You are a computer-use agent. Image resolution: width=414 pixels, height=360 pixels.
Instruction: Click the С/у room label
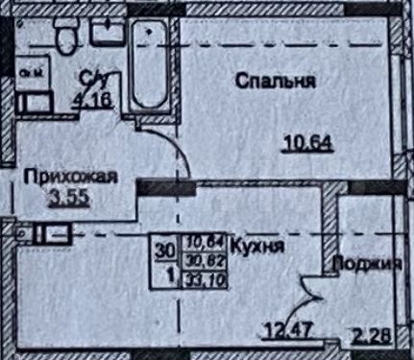click(93, 75)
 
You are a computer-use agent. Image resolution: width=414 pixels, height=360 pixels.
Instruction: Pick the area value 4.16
click(94, 95)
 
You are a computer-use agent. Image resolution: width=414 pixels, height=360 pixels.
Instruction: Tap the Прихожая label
click(70, 178)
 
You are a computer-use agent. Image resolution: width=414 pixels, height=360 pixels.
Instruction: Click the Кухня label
click(248, 246)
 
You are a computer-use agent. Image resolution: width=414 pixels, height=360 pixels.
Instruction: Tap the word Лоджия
click(368, 266)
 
